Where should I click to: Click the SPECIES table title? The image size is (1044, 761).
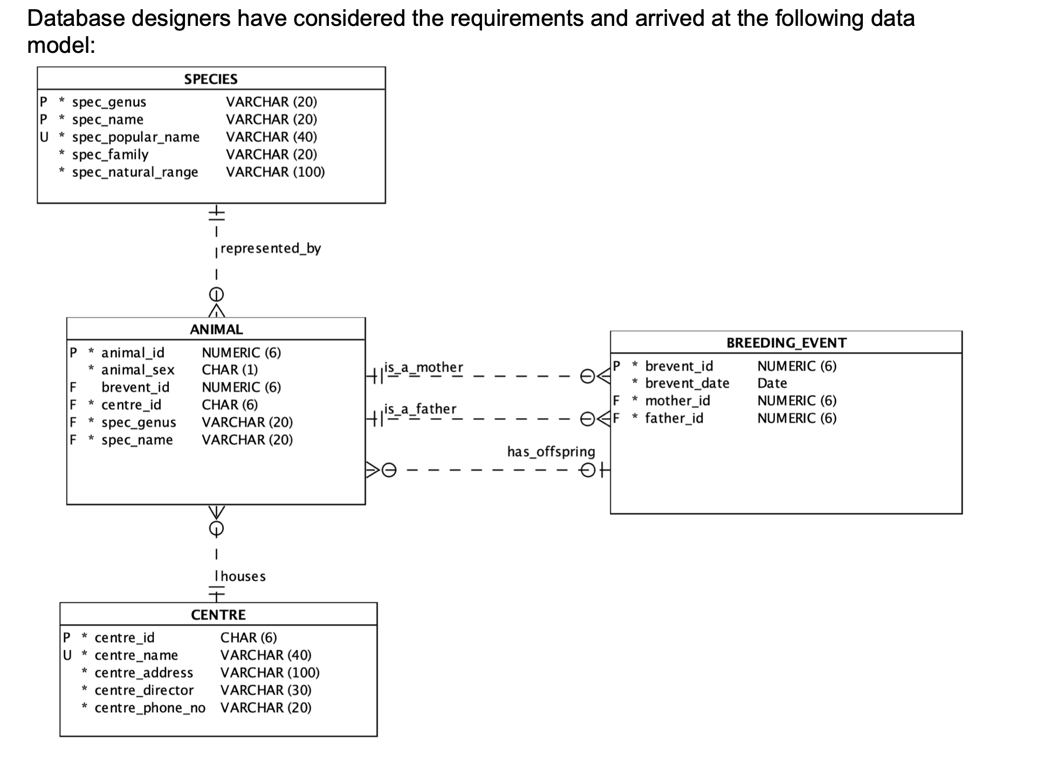[x=210, y=79]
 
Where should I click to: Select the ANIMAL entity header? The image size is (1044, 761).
[x=216, y=330]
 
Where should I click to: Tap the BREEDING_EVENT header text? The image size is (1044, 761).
[x=786, y=343]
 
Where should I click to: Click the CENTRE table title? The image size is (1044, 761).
[x=218, y=615]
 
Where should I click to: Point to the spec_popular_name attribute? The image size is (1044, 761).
[x=135, y=137]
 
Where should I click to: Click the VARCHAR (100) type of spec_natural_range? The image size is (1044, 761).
[x=275, y=172]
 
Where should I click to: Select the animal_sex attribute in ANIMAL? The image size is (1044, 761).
[x=138, y=370]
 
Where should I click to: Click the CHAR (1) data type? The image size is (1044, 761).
[x=230, y=370]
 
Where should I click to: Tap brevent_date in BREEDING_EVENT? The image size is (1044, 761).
[x=687, y=383]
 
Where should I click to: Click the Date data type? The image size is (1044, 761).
[x=772, y=383]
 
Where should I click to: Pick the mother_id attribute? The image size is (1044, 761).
[x=677, y=401]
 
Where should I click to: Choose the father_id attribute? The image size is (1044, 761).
[x=674, y=419]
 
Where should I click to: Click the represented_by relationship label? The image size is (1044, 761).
[x=270, y=249]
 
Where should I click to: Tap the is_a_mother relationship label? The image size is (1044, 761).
[x=423, y=367]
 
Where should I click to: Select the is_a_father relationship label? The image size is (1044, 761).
[x=420, y=409]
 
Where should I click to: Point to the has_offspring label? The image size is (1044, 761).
[x=551, y=452]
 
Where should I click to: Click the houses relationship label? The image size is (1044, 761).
[x=243, y=577]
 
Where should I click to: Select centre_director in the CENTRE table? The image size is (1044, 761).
[x=143, y=690]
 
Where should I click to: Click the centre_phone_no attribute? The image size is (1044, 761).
[x=149, y=708]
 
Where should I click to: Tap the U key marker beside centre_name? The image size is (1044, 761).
[x=67, y=655]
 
